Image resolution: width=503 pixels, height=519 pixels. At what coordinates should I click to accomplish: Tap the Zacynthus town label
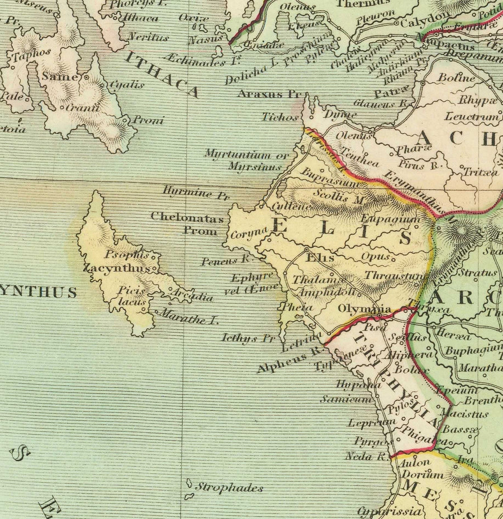click(116, 269)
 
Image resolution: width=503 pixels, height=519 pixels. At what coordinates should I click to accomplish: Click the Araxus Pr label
click(269, 94)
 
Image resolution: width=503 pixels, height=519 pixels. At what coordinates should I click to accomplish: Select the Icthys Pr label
click(249, 338)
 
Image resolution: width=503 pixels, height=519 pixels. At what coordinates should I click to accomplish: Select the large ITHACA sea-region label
click(162, 74)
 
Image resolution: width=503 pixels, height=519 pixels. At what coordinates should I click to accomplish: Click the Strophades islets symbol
click(189, 489)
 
